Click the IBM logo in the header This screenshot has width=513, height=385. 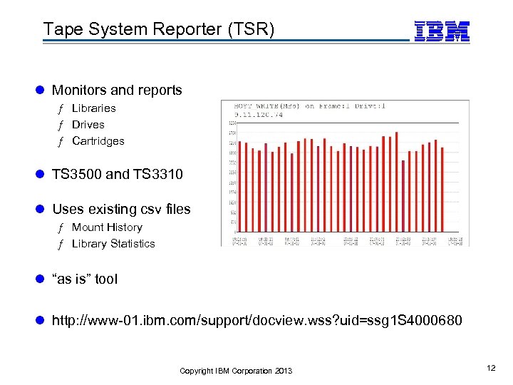click(442, 31)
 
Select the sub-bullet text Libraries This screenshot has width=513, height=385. click(93, 108)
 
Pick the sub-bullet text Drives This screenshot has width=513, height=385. click(88, 125)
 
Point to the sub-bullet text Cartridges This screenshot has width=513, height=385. click(98, 141)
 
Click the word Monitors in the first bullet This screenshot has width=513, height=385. click(79, 91)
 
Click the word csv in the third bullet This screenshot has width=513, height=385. click(145, 210)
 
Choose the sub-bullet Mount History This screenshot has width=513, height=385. click(107, 227)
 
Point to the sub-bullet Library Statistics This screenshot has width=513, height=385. click(113, 244)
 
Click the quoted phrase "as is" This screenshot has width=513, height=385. click(72, 279)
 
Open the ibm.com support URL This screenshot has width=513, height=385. click(256, 322)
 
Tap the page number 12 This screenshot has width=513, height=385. click(490, 367)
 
